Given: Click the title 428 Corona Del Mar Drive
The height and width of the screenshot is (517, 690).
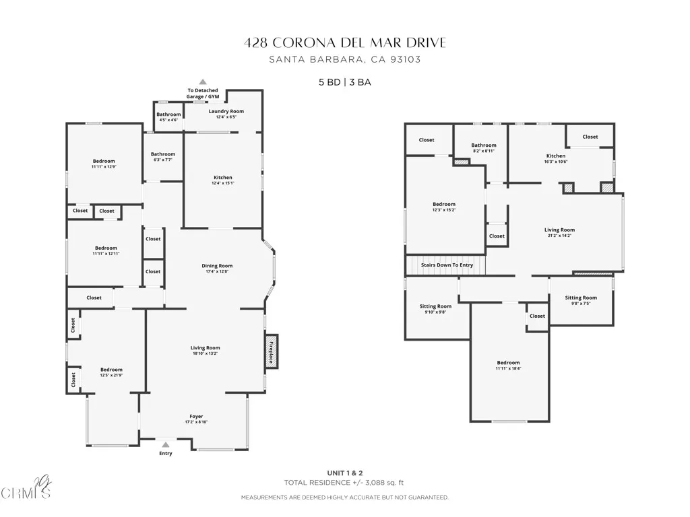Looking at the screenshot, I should (x=345, y=43).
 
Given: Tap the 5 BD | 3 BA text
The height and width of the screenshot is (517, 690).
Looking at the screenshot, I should (x=345, y=82).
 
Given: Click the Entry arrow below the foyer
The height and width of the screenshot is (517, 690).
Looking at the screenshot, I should (x=165, y=444).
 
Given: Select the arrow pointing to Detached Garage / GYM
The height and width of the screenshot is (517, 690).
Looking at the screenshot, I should (x=202, y=81).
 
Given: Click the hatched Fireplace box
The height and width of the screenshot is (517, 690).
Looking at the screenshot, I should (x=271, y=351).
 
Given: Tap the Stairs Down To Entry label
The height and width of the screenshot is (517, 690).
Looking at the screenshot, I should (x=447, y=265).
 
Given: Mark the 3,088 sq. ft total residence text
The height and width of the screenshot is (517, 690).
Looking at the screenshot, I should (x=345, y=482).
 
